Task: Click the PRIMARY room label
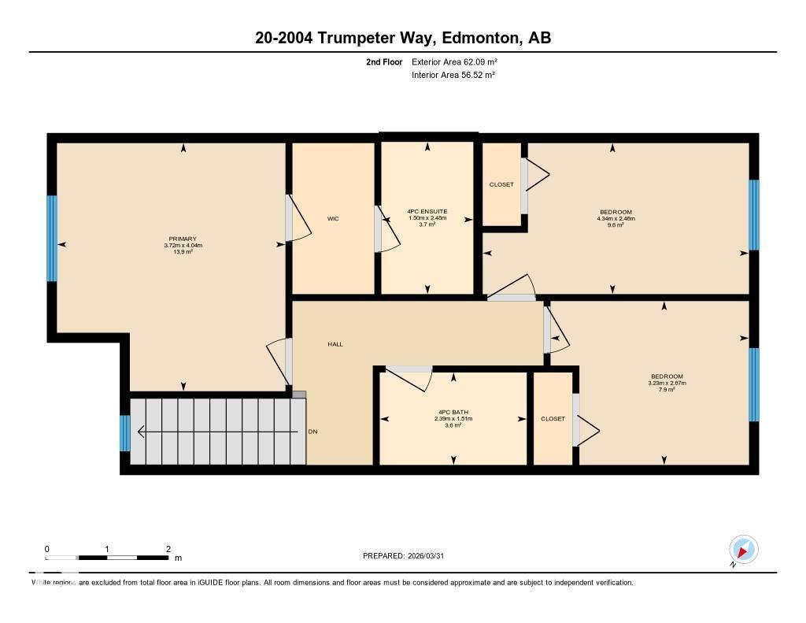pyautogui.click(x=182, y=239)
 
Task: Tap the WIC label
pyautogui.click(x=333, y=219)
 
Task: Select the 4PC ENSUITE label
pyautogui.click(x=427, y=211)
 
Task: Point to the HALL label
pyautogui.click(x=335, y=344)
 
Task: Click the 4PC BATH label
pyautogui.click(x=453, y=412)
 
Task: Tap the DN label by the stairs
pyautogui.click(x=312, y=432)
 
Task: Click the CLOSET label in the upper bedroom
pyautogui.click(x=501, y=184)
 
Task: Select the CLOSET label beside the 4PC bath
pyautogui.click(x=553, y=419)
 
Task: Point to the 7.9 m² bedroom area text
pyautogui.click(x=667, y=390)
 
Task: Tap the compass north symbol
pyautogui.click(x=743, y=549)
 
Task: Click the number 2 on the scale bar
pyautogui.click(x=168, y=548)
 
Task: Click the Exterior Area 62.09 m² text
pyautogui.click(x=454, y=61)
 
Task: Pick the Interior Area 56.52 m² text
pyautogui.click(x=453, y=76)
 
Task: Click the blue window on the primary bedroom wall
pyautogui.click(x=52, y=239)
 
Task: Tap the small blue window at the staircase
pyautogui.click(x=124, y=433)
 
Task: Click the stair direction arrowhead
pyautogui.click(x=141, y=432)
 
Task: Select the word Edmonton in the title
pyautogui.click(x=479, y=38)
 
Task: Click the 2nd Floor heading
pyautogui.click(x=384, y=61)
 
